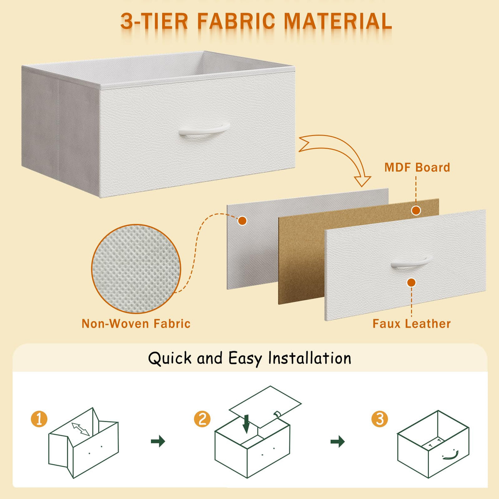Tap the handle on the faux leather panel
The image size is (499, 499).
click(411, 262)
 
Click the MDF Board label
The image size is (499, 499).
click(417, 167)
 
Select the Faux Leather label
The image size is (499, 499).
click(412, 324)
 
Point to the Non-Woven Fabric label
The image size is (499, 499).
click(136, 324)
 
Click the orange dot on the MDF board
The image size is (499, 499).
click(416, 210)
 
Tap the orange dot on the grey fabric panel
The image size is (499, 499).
click(242, 221)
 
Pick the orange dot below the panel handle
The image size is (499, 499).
click(412, 282)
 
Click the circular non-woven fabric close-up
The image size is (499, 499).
click(136, 269)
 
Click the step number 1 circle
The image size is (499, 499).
click(39, 419)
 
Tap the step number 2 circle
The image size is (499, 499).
click(202, 419)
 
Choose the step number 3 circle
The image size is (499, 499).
click(380, 419)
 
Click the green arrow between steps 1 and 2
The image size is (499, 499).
click(158, 441)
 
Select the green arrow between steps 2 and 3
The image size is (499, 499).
click(338, 441)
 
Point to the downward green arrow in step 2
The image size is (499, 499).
click(246, 424)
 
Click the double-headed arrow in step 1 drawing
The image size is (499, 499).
click(81, 429)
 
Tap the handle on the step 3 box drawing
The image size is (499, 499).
click(451, 456)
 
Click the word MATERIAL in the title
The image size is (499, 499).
click(338, 21)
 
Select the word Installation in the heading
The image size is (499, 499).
click(309, 358)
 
